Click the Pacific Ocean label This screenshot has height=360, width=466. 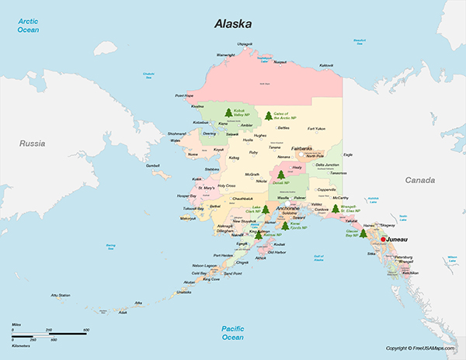(232, 332)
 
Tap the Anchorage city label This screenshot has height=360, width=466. (287, 208)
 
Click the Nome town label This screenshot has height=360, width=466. (193, 154)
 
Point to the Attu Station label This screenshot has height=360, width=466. (61, 295)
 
